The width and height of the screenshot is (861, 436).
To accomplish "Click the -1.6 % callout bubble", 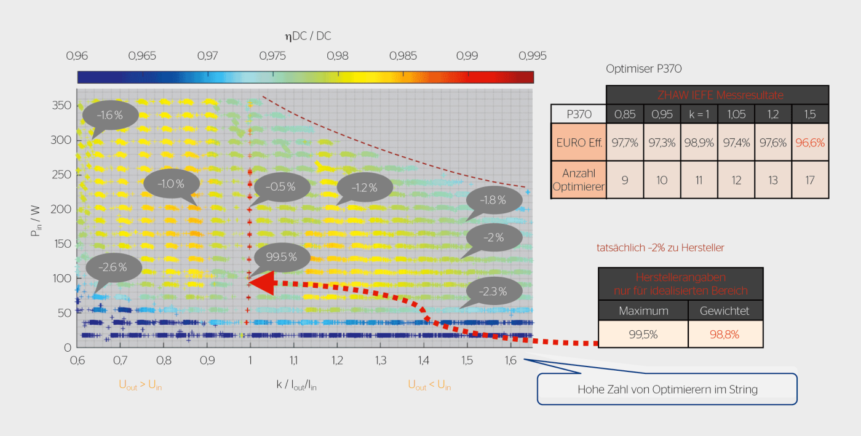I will (109, 115).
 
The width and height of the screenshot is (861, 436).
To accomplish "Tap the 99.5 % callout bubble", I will (280, 256).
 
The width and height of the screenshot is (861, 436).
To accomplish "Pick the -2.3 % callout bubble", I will (494, 291).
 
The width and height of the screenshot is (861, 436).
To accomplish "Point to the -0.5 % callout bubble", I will (280, 187).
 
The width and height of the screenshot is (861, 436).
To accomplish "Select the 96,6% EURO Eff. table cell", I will (810, 142).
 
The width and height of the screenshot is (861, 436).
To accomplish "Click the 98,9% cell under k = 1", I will (699, 142).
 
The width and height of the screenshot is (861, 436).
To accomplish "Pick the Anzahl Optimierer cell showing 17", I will (810, 180).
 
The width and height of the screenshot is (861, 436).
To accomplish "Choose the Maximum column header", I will (642, 311).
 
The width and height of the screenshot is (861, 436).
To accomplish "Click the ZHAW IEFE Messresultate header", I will (717, 95).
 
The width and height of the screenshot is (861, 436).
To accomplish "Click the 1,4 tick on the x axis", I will (424, 360).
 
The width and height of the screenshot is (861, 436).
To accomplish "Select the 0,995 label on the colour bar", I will (533, 56).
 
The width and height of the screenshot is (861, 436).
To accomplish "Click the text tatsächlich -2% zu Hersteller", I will (660, 248).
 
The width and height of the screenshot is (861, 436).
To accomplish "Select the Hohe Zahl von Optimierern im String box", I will (667, 389).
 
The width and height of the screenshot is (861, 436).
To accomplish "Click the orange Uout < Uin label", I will (429, 386).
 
